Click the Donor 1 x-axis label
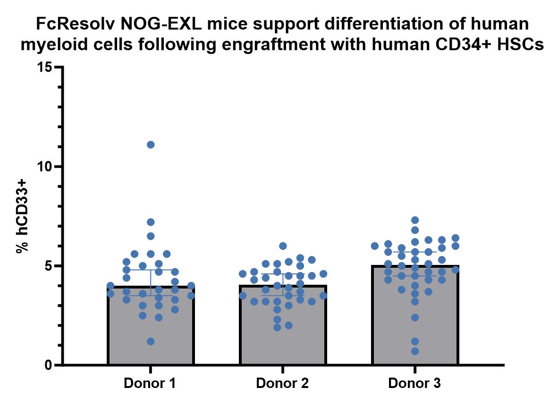[x=150, y=383]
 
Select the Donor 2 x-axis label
[x=282, y=383]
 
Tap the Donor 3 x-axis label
[x=414, y=383]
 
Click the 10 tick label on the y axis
[x=44, y=167]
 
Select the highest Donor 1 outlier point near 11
[x=151, y=145]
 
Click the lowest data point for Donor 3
[x=415, y=351]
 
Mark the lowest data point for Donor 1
[x=151, y=341]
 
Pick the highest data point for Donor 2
[x=283, y=246]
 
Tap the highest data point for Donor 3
[x=415, y=220]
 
